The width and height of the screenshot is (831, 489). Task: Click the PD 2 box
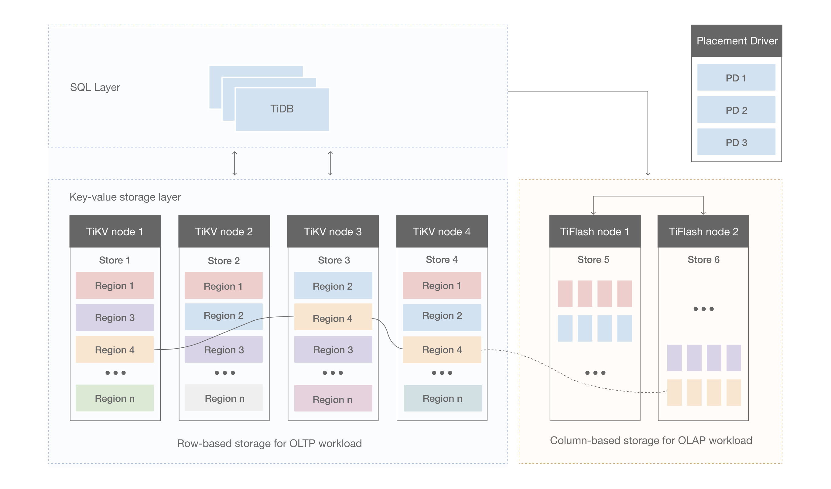coord(736,110)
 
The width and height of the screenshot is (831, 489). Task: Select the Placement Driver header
coord(736,41)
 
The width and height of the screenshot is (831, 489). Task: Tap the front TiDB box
coord(282,109)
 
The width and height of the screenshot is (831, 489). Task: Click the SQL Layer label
coord(95,88)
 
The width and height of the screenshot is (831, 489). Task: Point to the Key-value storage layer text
coord(125,197)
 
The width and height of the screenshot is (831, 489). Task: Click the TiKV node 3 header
coord(333,232)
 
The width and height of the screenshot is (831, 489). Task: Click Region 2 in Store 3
coord(333,286)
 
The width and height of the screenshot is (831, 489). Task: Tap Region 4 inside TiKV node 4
coord(442,350)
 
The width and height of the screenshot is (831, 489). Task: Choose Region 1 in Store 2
coord(223,286)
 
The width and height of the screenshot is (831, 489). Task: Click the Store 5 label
coord(593,260)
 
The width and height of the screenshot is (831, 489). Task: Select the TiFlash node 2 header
coord(703,232)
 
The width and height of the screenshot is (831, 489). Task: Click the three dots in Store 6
coord(703,309)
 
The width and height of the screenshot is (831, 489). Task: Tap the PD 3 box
coord(736,142)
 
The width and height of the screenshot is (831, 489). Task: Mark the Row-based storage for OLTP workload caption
coord(269,443)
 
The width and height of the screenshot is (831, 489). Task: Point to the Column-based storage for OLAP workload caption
coord(651,440)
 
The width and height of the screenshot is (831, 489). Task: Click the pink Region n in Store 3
coord(333,399)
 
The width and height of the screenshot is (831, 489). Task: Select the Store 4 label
coord(442,260)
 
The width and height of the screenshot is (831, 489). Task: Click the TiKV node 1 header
coord(115,232)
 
